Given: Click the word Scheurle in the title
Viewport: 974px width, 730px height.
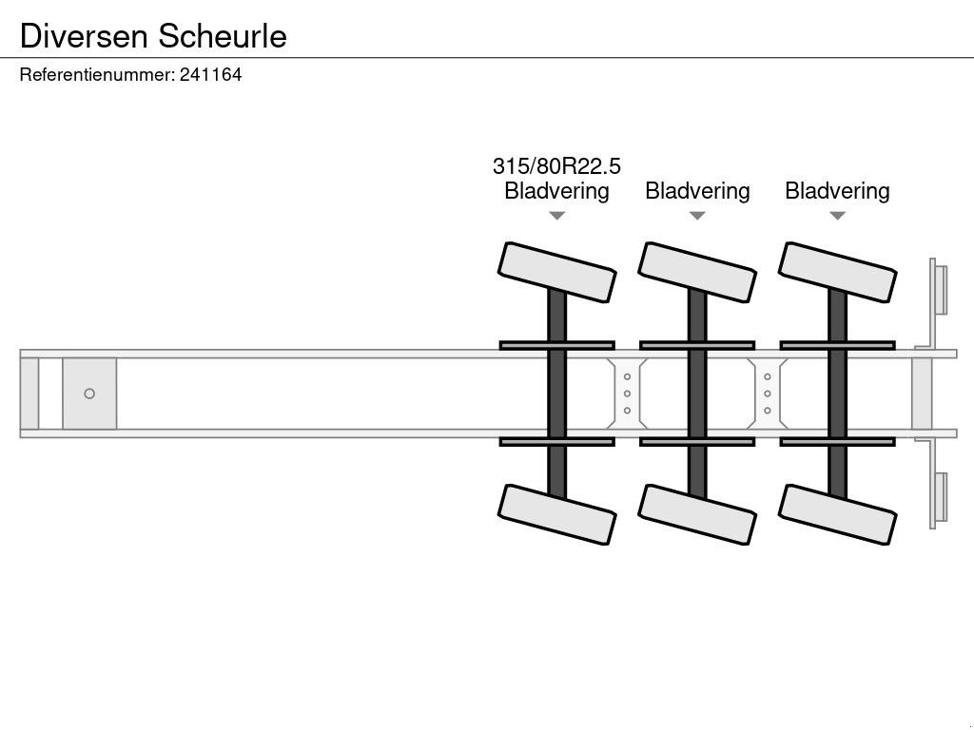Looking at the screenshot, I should pyautogui.click(x=223, y=35).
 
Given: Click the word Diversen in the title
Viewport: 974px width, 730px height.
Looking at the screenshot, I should pyautogui.click(x=84, y=35).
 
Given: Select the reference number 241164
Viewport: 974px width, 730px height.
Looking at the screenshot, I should pyautogui.click(x=210, y=74).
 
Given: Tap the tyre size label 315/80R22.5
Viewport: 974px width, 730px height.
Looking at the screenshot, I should pyautogui.click(x=556, y=166).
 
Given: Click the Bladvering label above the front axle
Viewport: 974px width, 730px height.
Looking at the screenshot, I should pyautogui.click(x=556, y=191).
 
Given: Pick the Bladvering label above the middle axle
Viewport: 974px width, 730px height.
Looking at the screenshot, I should pyautogui.click(x=697, y=191).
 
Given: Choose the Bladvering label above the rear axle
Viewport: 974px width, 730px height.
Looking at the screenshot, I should pyautogui.click(x=837, y=191).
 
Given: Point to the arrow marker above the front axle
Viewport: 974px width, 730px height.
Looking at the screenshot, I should pyautogui.click(x=556, y=216).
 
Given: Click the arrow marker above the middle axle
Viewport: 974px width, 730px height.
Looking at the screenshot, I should pyautogui.click(x=697, y=216).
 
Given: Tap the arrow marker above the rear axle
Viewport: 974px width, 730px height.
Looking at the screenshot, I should pyautogui.click(x=837, y=216).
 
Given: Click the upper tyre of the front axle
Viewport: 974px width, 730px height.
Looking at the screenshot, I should pyautogui.click(x=557, y=272).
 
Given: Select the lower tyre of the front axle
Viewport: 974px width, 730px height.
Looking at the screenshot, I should pyautogui.click(x=557, y=514).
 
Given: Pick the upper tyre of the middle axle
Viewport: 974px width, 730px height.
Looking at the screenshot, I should pyautogui.click(x=697, y=272).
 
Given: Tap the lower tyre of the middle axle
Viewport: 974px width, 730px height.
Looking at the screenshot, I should pyautogui.click(x=697, y=514).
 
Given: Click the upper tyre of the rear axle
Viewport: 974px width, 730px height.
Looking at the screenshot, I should pyautogui.click(x=837, y=272).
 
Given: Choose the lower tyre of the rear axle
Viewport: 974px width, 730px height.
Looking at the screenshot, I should pyautogui.click(x=837, y=514).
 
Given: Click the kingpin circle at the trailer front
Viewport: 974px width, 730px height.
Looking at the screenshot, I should pyautogui.click(x=89, y=394).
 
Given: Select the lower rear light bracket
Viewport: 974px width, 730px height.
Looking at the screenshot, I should pyautogui.click(x=938, y=499).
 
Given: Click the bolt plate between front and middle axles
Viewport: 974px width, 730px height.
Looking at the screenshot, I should pyautogui.click(x=627, y=394).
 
